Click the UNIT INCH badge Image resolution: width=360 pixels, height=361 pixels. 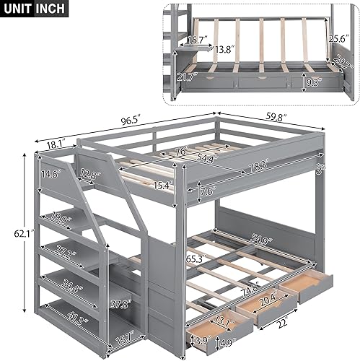pyautogui.click(x=35, y=9)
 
